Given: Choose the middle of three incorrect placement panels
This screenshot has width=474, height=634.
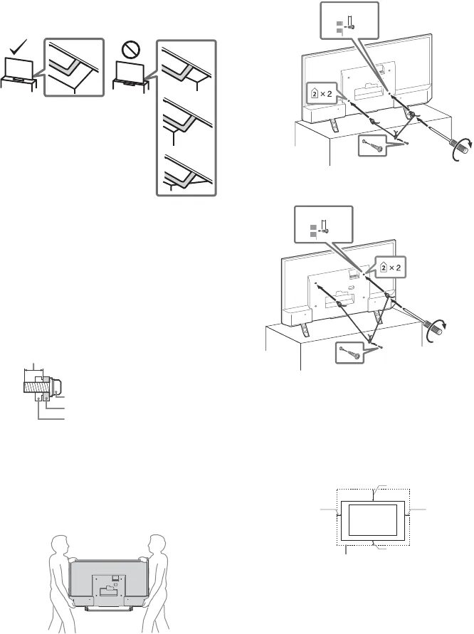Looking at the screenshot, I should (186, 119).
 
